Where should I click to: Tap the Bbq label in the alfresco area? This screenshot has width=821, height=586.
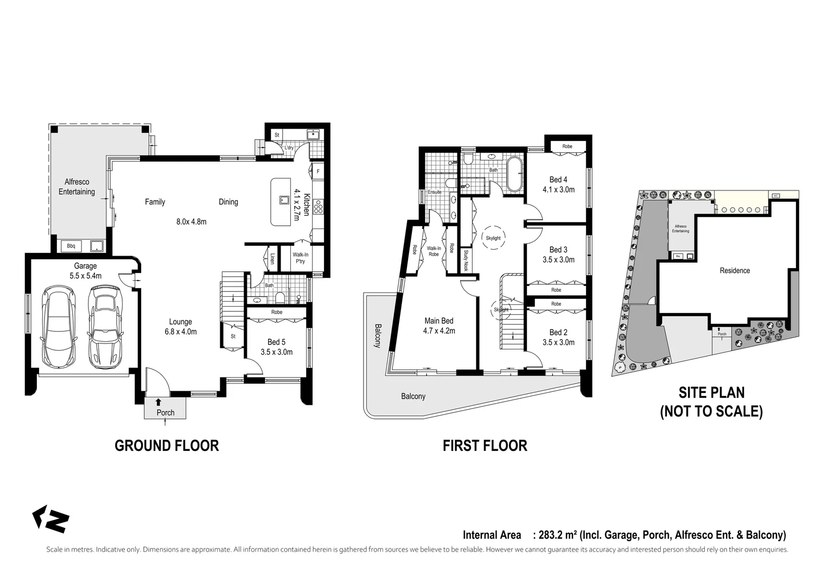tap(71, 246)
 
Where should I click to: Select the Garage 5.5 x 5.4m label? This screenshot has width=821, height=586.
tap(85, 271)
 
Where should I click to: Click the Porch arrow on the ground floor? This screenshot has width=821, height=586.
tap(158, 402)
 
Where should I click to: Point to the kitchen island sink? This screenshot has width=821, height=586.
tap(283, 199)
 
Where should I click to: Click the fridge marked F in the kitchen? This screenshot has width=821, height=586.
tap(318, 172)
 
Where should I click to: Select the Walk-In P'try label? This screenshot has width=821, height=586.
tap(300, 258)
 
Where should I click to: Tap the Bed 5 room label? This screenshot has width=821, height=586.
tap(276, 347)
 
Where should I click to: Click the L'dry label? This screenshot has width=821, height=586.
tap(289, 148)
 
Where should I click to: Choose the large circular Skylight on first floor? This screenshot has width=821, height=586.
tap(493, 238)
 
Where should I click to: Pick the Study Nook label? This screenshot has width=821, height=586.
tap(466, 260)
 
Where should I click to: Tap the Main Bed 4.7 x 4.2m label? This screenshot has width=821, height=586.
tap(439, 326)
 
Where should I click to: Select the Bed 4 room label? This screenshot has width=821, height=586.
tap(558, 184)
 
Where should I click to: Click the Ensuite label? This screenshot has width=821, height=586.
tap(435, 192)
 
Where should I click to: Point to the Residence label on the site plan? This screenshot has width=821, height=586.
tap(735, 270)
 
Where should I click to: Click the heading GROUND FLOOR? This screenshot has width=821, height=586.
tap(167, 445)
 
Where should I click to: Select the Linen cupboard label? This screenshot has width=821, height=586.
tap(272, 259)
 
